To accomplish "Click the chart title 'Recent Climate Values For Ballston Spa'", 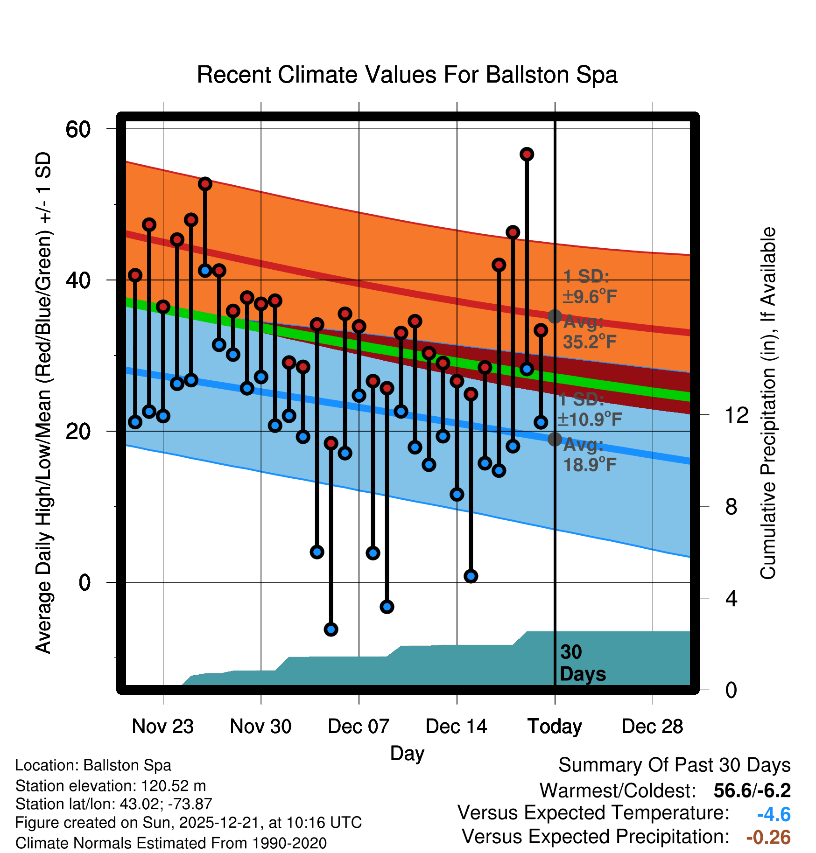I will click(x=407, y=75).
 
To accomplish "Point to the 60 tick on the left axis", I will click(x=78, y=129).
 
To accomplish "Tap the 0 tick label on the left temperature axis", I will click(x=84, y=582).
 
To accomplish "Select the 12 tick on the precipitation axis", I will click(x=737, y=415).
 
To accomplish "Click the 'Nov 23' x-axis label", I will click(x=162, y=726).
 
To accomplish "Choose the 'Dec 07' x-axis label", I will click(x=359, y=726).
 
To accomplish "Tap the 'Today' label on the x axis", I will click(x=555, y=726).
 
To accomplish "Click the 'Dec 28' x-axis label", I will click(x=652, y=726).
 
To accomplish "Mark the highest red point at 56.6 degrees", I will click(x=527, y=154).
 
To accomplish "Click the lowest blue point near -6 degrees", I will click(x=331, y=629).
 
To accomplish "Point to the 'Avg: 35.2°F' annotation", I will click(x=589, y=332).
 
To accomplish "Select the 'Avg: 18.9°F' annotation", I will click(x=589, y=454).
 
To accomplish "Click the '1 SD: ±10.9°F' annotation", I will click(x=589, y=409).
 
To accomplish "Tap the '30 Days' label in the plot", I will click(x=582, y=663).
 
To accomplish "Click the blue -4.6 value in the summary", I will click(x=774, y=814).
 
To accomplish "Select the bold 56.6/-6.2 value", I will click(x=752, y=790).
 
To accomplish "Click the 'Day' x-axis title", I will click(x=407, y=753).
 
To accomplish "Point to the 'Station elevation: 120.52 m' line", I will click(x=111, y=786).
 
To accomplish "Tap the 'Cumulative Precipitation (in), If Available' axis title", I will click(x=768, y=404).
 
